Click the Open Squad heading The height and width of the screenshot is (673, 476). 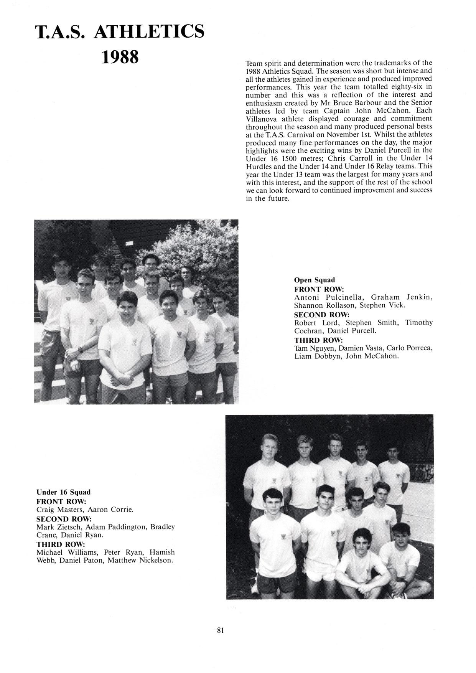pyautogui.click(x=314, y=280)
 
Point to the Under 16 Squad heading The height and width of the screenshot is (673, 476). pyautogui.click(x=63, y=492)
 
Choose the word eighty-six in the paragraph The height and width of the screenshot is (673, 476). pyautogui.click(x=402, y=87)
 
